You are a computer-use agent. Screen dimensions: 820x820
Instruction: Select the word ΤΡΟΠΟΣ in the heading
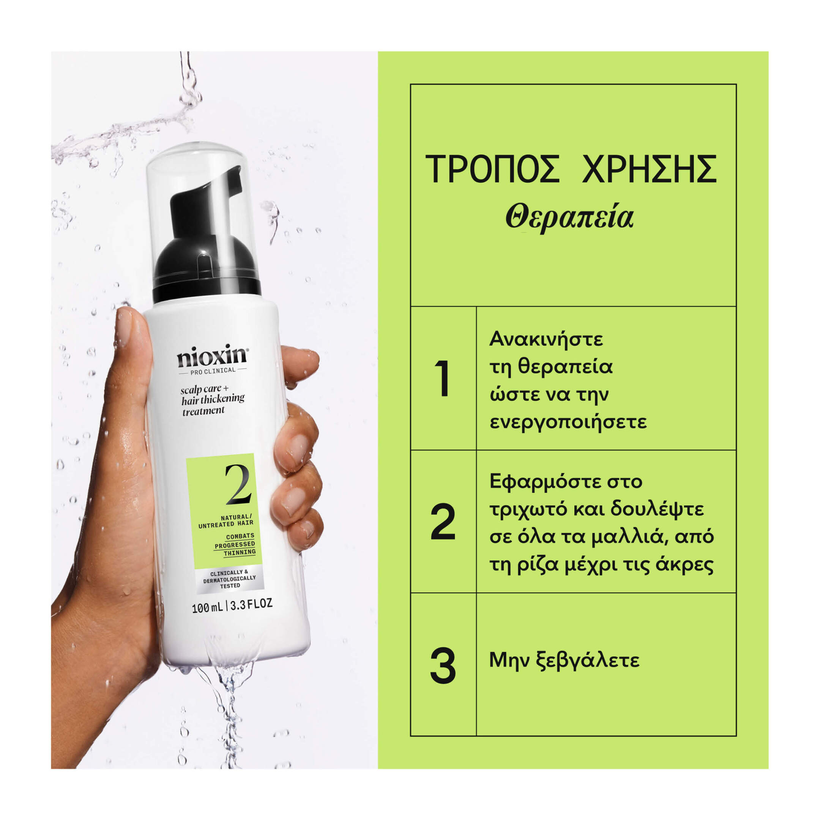click(492, 169)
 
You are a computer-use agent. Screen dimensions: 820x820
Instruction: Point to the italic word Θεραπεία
click(569, 218)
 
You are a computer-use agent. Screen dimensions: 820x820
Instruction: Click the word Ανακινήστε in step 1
click(546, 339)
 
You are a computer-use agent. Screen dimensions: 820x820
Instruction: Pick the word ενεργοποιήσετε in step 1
click(568, 422)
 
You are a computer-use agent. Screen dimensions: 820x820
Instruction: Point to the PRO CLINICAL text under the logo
click(213, 370)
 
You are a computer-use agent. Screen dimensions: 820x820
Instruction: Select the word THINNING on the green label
click(240, 552)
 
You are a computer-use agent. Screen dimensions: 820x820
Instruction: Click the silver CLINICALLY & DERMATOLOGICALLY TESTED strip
click(230, 579)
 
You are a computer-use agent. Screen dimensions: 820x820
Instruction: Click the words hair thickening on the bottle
click(213, 399)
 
